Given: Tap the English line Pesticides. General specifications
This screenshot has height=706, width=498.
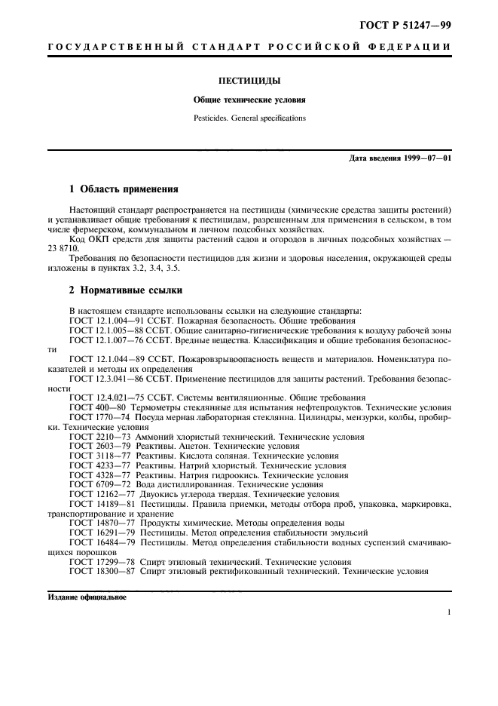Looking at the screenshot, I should [248, 118].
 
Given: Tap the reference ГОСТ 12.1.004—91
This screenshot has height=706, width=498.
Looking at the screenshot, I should [103, 320].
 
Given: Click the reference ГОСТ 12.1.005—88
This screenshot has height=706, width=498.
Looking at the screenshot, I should [103, 330].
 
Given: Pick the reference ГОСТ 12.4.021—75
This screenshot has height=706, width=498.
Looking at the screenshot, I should [103, 398].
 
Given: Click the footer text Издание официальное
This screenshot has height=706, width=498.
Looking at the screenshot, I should [87, 597].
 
